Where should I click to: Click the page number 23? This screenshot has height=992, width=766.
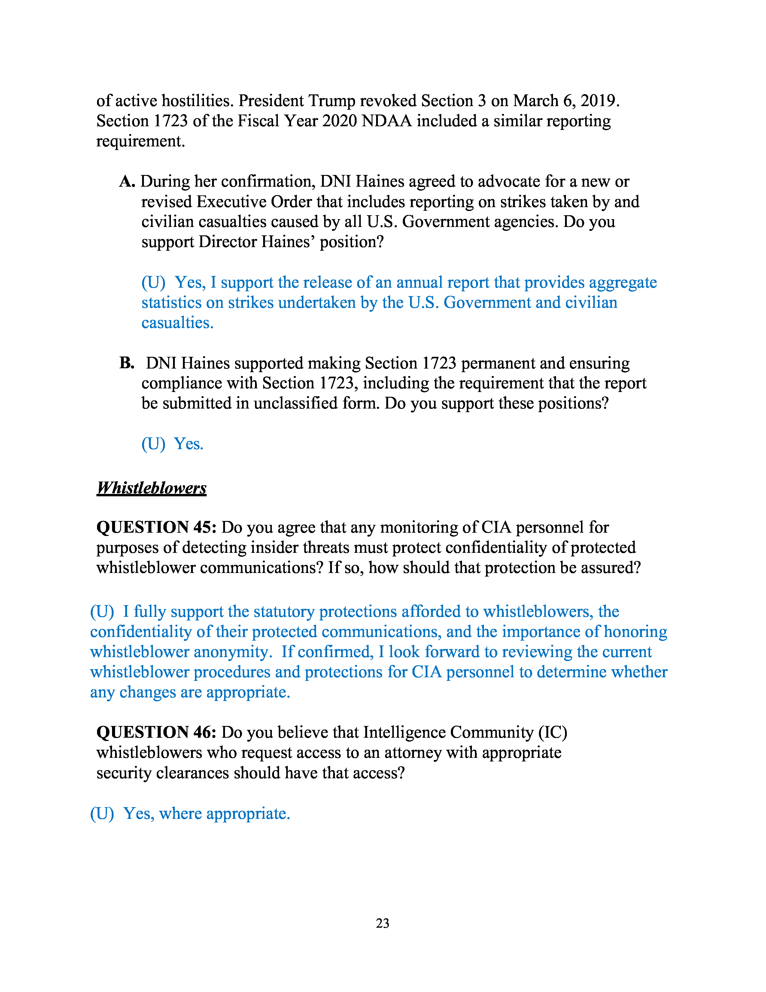[382, 923]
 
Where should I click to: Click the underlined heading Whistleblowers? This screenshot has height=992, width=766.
[152, 488]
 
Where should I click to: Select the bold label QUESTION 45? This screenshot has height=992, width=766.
[157, 527]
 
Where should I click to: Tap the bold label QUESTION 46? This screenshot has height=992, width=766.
[157, 733]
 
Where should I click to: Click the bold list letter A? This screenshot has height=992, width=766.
[127, 182]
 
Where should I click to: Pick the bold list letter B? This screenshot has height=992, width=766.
[126, 363]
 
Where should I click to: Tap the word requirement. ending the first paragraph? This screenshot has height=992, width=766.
[141, 141]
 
